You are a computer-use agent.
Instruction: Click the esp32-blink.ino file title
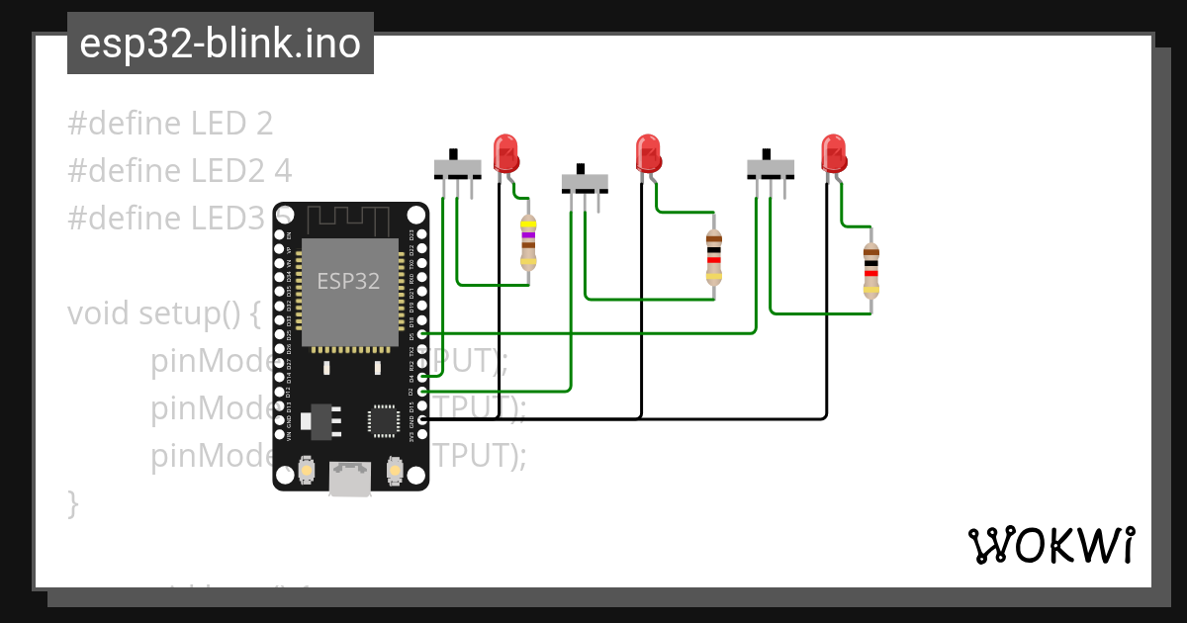[x=220, y=44]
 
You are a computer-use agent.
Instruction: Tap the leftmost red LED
[x=506, y=154]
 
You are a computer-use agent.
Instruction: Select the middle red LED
[x=648, y=154]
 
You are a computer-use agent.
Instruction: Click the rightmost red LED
[x=833, y=154]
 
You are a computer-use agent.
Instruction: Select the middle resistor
[x=713, y=257]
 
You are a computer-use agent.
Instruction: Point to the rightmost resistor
[x=870, y=270]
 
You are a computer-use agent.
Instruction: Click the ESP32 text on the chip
[x=348, y=281]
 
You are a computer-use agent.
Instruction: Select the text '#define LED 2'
[x=170, y=124]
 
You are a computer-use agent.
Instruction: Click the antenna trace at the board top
[x=350, y=218]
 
